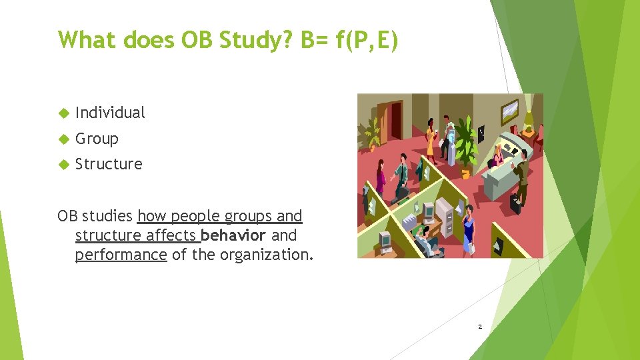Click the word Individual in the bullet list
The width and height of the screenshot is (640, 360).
[x=110, y=113]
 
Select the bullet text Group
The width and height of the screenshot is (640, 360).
[x=97, y=139]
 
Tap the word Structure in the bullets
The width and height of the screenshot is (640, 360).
[x=109, y=164]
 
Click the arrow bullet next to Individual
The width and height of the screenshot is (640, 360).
[x=64, y=113]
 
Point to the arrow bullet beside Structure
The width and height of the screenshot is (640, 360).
[x=64, y=165]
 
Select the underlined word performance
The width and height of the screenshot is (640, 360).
[x=121, y=255]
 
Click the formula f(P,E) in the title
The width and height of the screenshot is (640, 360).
[x=366, y=40]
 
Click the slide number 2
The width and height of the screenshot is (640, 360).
[x=479, y=327]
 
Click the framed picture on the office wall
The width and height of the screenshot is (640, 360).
[x=510, y=107]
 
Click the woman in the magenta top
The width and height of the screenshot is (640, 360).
[x=381, y=176]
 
